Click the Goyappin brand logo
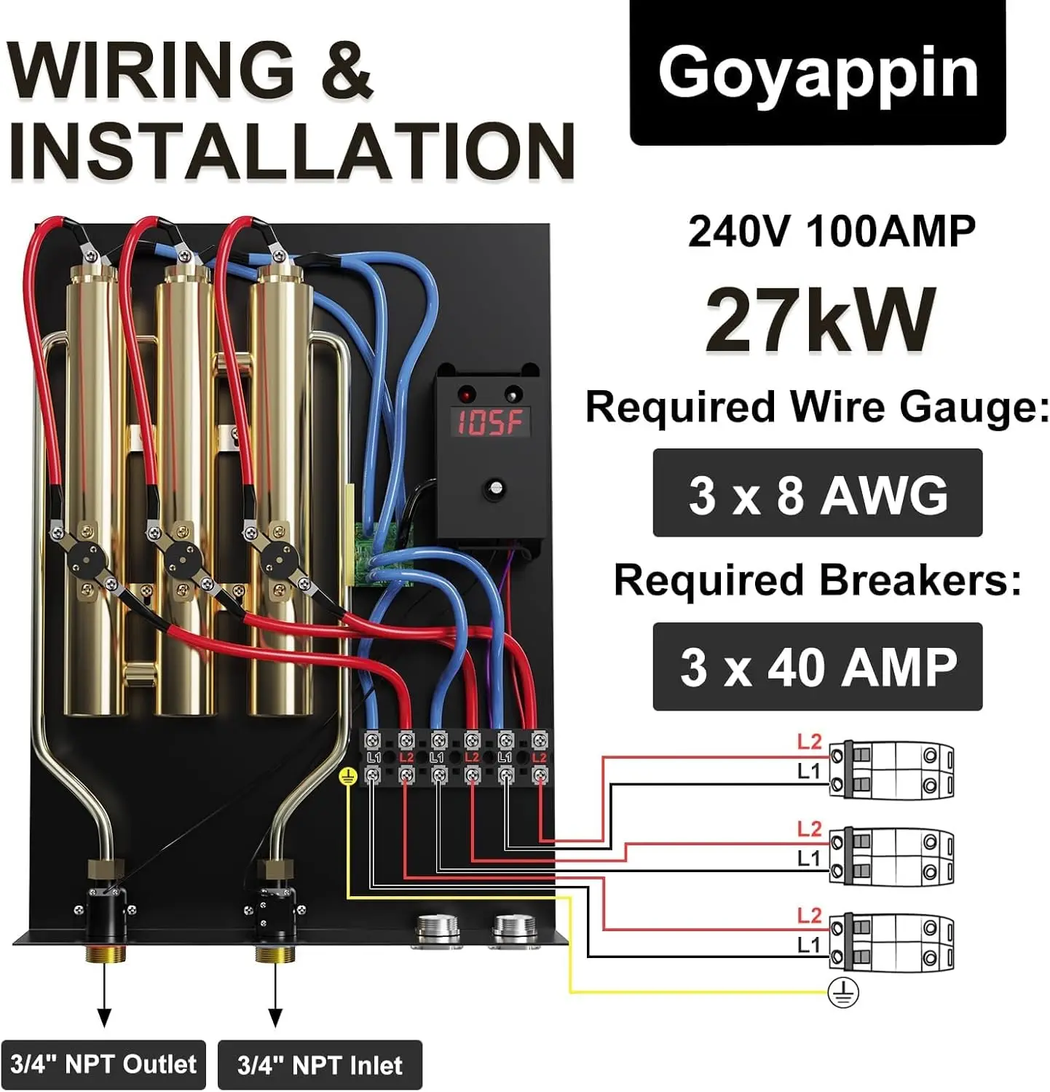coord(818,73)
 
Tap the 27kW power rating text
coord(821,319)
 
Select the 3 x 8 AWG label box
coord(818,493)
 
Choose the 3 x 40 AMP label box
coord(818,667)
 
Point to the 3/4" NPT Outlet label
coord(103,1064)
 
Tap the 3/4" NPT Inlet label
coord(320,1065)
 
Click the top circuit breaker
coord(891,770)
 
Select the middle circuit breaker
coord(891,856)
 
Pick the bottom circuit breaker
coord(891,943)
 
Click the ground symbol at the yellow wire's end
coord(843,992)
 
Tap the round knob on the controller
coord(496,487)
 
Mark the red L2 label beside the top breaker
coord(809,742)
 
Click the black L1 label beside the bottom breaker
coord(809,945)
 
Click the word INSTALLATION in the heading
coord(292,151)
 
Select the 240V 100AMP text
coord(832,232)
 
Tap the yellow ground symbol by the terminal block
coord(348,778)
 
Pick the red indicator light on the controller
coord(464,395)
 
